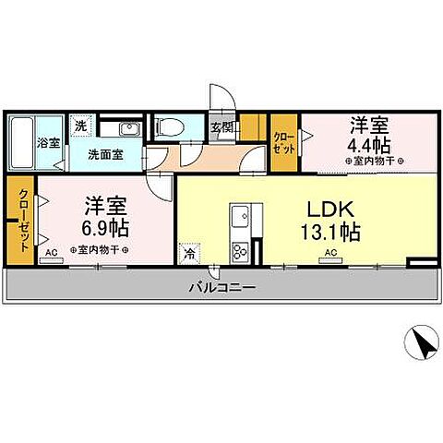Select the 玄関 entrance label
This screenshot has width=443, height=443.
[221, 128]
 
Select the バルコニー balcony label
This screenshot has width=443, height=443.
[222, 287]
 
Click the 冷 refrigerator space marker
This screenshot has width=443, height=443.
[189, 251]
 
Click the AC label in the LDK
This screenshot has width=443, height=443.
[329, 251]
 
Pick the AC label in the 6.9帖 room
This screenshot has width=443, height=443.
[51, 252]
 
